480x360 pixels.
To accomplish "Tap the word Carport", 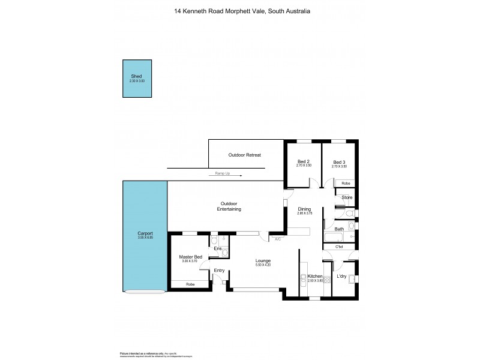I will coord(145,233).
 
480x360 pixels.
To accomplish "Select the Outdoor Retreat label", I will coord(244,155).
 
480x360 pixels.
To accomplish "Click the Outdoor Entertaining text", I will coord(229,207).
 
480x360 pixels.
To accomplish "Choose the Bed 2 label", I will coord(304,161).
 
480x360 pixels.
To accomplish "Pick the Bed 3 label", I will coord(339,161).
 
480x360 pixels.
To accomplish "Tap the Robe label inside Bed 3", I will coord(346,183).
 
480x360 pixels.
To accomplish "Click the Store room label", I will coord(346,197).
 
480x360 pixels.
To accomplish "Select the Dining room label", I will coord(305,209).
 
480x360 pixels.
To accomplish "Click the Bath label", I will coord(339,229).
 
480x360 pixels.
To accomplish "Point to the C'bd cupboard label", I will coord(339,247).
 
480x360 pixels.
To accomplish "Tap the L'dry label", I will coord(343,276).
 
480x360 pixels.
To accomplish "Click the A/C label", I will coord(277,239).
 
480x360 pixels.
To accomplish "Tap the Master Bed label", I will coord(191,257).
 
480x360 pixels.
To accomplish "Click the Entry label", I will coord(218,271).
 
